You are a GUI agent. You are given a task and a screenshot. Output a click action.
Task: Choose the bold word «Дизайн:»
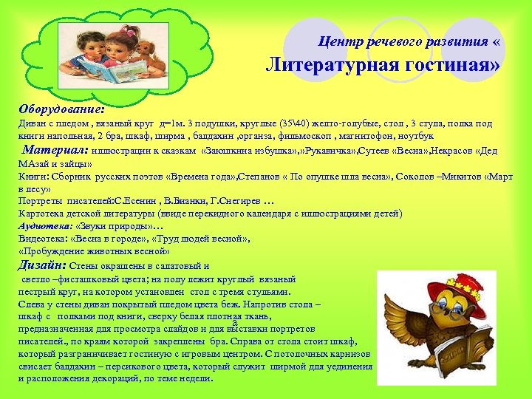point(41,265)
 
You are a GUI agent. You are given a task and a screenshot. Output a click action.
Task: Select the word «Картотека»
point(43,214)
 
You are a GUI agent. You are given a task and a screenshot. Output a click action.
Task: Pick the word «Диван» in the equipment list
point(32,124)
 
